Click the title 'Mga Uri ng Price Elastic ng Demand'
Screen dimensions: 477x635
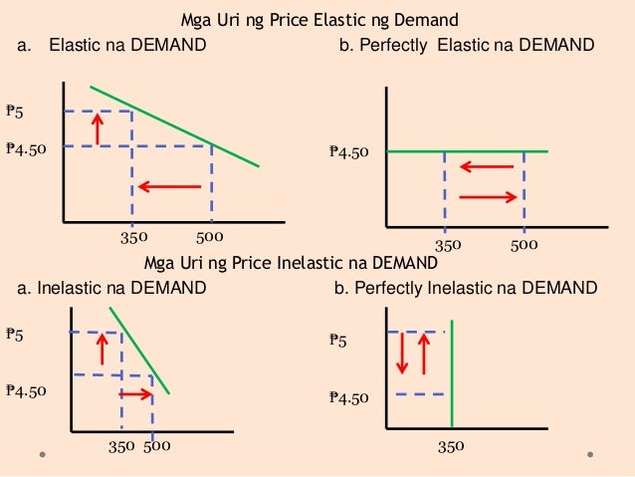319,20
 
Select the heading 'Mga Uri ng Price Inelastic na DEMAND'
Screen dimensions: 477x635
290,264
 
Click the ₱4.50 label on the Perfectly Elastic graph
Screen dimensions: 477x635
349,152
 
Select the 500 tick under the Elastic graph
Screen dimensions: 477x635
209,238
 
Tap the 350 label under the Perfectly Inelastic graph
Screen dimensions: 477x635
452,447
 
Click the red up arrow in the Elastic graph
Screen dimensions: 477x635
97,128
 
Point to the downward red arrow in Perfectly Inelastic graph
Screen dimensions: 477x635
402,355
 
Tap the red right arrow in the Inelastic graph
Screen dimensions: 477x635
135,394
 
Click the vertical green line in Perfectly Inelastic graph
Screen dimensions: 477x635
452,373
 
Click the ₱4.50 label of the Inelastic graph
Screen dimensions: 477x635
26,391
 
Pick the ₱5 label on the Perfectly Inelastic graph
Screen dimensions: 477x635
338,341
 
